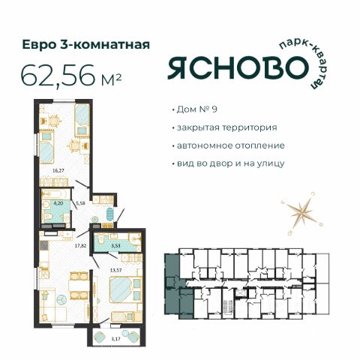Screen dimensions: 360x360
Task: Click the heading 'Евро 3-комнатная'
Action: (x=86, y=44)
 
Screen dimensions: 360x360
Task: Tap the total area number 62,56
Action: (x=58, y=74)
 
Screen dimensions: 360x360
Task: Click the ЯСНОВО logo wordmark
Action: (x=238, y=67)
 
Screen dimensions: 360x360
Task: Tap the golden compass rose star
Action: (x=302, y=213)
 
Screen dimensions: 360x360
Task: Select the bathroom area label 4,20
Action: (x=58, y=203)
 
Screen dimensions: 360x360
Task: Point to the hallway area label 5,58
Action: (x=80, y=203)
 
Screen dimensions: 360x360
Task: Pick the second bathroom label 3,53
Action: (x=115, y=245)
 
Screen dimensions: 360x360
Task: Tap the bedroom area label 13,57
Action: (x=115, y=270)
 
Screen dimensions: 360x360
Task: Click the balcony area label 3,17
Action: (x=115, y=339)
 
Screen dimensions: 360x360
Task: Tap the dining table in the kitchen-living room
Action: (x=79, y=285)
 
